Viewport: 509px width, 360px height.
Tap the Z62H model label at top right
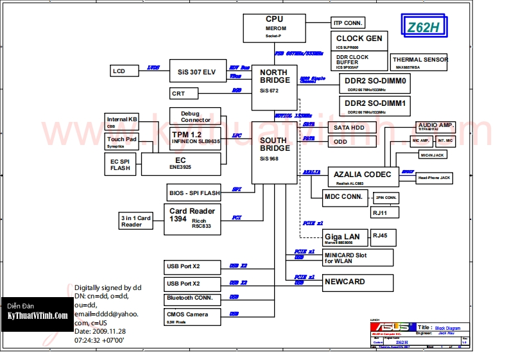point(424,27)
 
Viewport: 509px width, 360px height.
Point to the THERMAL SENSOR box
point(420,62)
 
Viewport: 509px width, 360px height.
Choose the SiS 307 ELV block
point(196,72)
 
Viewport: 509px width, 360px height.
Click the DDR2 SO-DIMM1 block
point(375,106)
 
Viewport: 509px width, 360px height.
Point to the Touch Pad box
point(122,142)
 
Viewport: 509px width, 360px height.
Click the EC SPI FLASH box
point(120,164)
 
